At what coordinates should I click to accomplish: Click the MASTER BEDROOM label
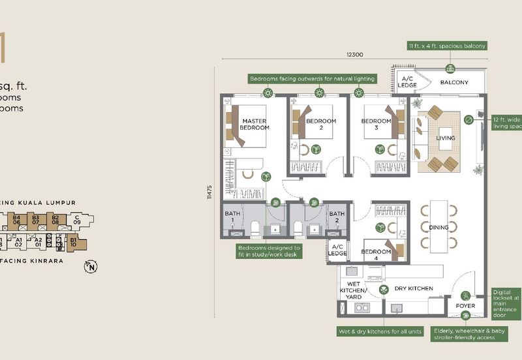[x=254, y=125]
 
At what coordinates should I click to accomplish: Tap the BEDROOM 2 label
[x=321, y=125]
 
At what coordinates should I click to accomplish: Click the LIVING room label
[x=445, y=138]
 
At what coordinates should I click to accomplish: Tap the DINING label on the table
[x=438, y=228]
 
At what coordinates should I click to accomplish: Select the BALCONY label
[x=454, y=82]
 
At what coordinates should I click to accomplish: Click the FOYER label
[x=466, y=305]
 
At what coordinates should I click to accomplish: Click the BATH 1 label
[x=233, y=217]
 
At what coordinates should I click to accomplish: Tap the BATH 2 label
[x=337, y=217]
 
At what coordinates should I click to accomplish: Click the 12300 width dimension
[x=354, y=54]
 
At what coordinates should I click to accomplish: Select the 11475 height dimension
[x=209, y=195]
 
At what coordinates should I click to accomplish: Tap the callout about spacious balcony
[x=447, y=46]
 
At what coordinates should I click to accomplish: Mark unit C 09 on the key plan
[x=77, y=220]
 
